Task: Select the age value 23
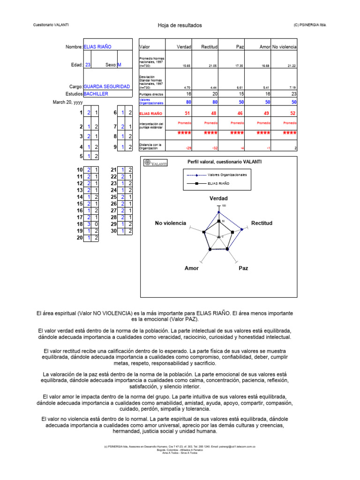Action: point(88,65)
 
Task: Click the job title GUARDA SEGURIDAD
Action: point(106,87)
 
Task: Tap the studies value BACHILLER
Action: point(96,94)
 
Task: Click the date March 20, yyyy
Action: point(67,102)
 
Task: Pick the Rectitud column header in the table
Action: point(209,47)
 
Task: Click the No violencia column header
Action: point(285,47)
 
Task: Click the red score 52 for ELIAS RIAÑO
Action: point(293,113)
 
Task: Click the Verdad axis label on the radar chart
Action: point(218,198)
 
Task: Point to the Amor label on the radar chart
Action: point(191,268)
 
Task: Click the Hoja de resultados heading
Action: point(180,25)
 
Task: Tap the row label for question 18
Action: point(79,224)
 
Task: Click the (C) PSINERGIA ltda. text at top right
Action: point(309,25)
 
